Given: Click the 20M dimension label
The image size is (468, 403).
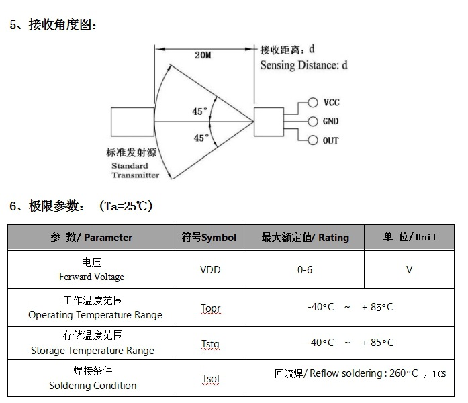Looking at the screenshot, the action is (x=203, y=56).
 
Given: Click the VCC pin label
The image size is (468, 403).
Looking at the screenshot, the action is (x=331, y=103).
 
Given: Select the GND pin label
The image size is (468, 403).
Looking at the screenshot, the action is (x=330, y=122).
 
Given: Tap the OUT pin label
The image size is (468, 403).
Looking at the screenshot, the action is (x=330, y=140).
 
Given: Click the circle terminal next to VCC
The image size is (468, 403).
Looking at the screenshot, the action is (x=312, y=103).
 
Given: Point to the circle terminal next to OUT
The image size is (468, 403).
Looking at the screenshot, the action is (x=312, y=140).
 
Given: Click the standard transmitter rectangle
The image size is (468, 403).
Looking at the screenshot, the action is (x=132, y=122).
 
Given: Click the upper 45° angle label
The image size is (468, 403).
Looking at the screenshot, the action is (x=199, y=111).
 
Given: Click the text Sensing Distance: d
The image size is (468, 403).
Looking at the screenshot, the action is (x=303, y=65).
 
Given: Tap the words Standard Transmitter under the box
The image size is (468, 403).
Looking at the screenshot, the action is (x=135, y=171).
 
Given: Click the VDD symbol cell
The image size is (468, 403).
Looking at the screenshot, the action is (x=210, y=269).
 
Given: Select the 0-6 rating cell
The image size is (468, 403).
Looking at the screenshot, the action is (x=305, y=269).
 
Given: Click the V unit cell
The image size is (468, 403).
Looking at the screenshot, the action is (x=409, y=269).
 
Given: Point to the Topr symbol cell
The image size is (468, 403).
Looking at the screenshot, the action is (x=210, y=308).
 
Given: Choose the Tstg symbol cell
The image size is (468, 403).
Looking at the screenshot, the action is (x=210, y=343).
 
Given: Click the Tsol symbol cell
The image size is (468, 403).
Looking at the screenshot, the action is (x=210, y=379).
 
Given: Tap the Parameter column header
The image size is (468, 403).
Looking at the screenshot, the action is (x=91, y=237).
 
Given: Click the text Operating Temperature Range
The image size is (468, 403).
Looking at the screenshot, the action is (x=95, y=315).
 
